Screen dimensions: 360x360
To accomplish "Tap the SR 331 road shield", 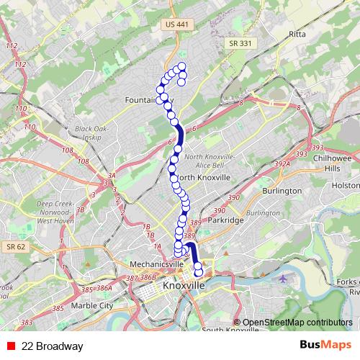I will tap(240, 43).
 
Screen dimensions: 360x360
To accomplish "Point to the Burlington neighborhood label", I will tap(282, 191).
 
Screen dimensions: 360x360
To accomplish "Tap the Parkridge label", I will tap(225, 220).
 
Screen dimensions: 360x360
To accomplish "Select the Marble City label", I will tap(92, 305).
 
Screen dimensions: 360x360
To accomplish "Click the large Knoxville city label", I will tap(184, 286).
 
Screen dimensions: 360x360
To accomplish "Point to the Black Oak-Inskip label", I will tap(91, 133).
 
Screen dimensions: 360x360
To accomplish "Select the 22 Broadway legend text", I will tap(53, 346).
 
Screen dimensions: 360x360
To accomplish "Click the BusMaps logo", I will tap(325, 346).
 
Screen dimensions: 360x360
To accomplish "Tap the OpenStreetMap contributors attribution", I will tap(297, 323).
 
